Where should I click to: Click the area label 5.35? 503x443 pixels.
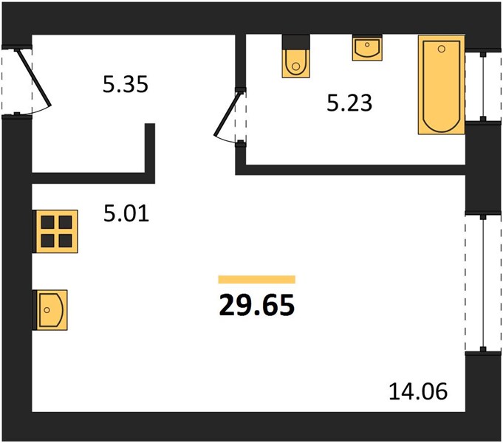tap(126, 84)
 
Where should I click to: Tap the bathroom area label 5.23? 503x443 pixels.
tap(349, 103)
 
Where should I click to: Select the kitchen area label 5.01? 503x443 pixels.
tap(126, 213)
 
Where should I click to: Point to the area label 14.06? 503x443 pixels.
tap(418, 391)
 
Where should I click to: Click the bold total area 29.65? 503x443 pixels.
tap(256, 305)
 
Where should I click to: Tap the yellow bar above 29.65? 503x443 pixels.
tap(256, 279)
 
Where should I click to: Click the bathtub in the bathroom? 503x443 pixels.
tap(442, 85)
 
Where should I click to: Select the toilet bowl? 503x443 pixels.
tap(296, 63)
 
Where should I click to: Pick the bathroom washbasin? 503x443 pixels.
tap(367, 49)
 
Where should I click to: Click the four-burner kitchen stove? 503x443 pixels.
tap(56, 231)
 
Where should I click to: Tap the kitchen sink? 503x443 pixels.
tap(51, 310)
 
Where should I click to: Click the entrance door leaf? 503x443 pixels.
tap(34, 78)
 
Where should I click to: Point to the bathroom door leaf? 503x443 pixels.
tap(227, 114)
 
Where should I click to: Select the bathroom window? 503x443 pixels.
tap(484, 86)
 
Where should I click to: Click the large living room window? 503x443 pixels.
tap(483, 284)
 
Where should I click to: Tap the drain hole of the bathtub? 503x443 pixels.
tap(442, 49)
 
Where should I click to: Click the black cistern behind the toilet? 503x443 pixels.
tap(296, 42)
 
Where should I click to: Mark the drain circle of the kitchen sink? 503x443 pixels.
tap(47, 310)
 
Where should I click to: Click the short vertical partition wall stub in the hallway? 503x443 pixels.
tap(150, 154)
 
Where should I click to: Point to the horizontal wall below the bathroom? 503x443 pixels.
tap(350, 170)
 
